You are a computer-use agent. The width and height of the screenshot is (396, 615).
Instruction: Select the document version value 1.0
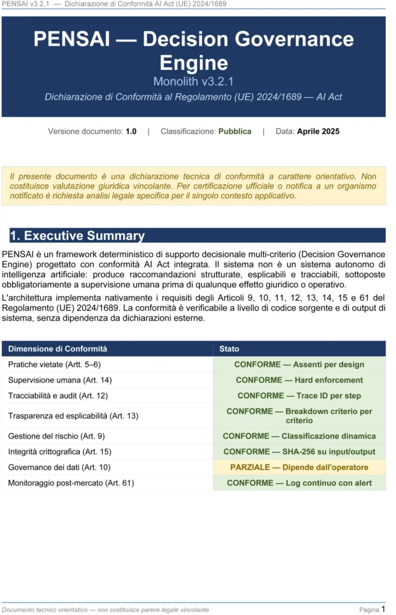pos(131,131)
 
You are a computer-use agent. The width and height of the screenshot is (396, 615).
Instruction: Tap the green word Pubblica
pos(234,131)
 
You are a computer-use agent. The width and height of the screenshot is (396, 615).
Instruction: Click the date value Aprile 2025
pos(318,131)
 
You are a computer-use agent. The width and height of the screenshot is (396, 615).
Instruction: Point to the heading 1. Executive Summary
pos(77,235)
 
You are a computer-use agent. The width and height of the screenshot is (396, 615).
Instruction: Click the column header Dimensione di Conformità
pos(58,348)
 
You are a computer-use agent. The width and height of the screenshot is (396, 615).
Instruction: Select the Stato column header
pos(229,348)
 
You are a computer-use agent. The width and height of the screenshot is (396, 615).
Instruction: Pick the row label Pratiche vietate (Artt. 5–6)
pos(54,365)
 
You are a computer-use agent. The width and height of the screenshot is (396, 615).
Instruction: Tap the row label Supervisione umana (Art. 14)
pos(59,380)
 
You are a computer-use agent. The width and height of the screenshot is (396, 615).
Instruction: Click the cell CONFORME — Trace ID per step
pos(299,396)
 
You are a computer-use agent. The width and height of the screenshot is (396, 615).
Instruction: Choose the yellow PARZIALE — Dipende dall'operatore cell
pos(299,467)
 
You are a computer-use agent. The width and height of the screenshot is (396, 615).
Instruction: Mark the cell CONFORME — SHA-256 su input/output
pos(299,452)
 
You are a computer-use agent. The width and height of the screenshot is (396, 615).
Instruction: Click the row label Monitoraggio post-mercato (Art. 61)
pos(71,483)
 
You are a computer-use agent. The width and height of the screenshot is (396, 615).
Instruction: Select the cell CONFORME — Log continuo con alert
pos(299,483)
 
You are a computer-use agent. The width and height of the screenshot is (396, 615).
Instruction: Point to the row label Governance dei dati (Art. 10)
pos(59,467)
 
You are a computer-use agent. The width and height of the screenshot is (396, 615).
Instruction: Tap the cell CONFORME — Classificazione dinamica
pos(299,436)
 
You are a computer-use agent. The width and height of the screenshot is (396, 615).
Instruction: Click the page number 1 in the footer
pos(383,609)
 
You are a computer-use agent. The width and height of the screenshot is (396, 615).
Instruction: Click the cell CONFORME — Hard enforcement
pos(299,380)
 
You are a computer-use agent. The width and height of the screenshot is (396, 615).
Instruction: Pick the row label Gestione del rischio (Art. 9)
pos(56,436)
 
